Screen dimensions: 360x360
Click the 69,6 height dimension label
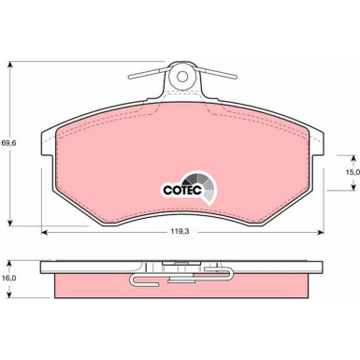(9, 143)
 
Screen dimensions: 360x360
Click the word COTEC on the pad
(183, 186)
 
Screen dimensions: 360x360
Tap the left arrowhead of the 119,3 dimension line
(43, 233)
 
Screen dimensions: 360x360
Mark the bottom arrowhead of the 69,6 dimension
(12, 225)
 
